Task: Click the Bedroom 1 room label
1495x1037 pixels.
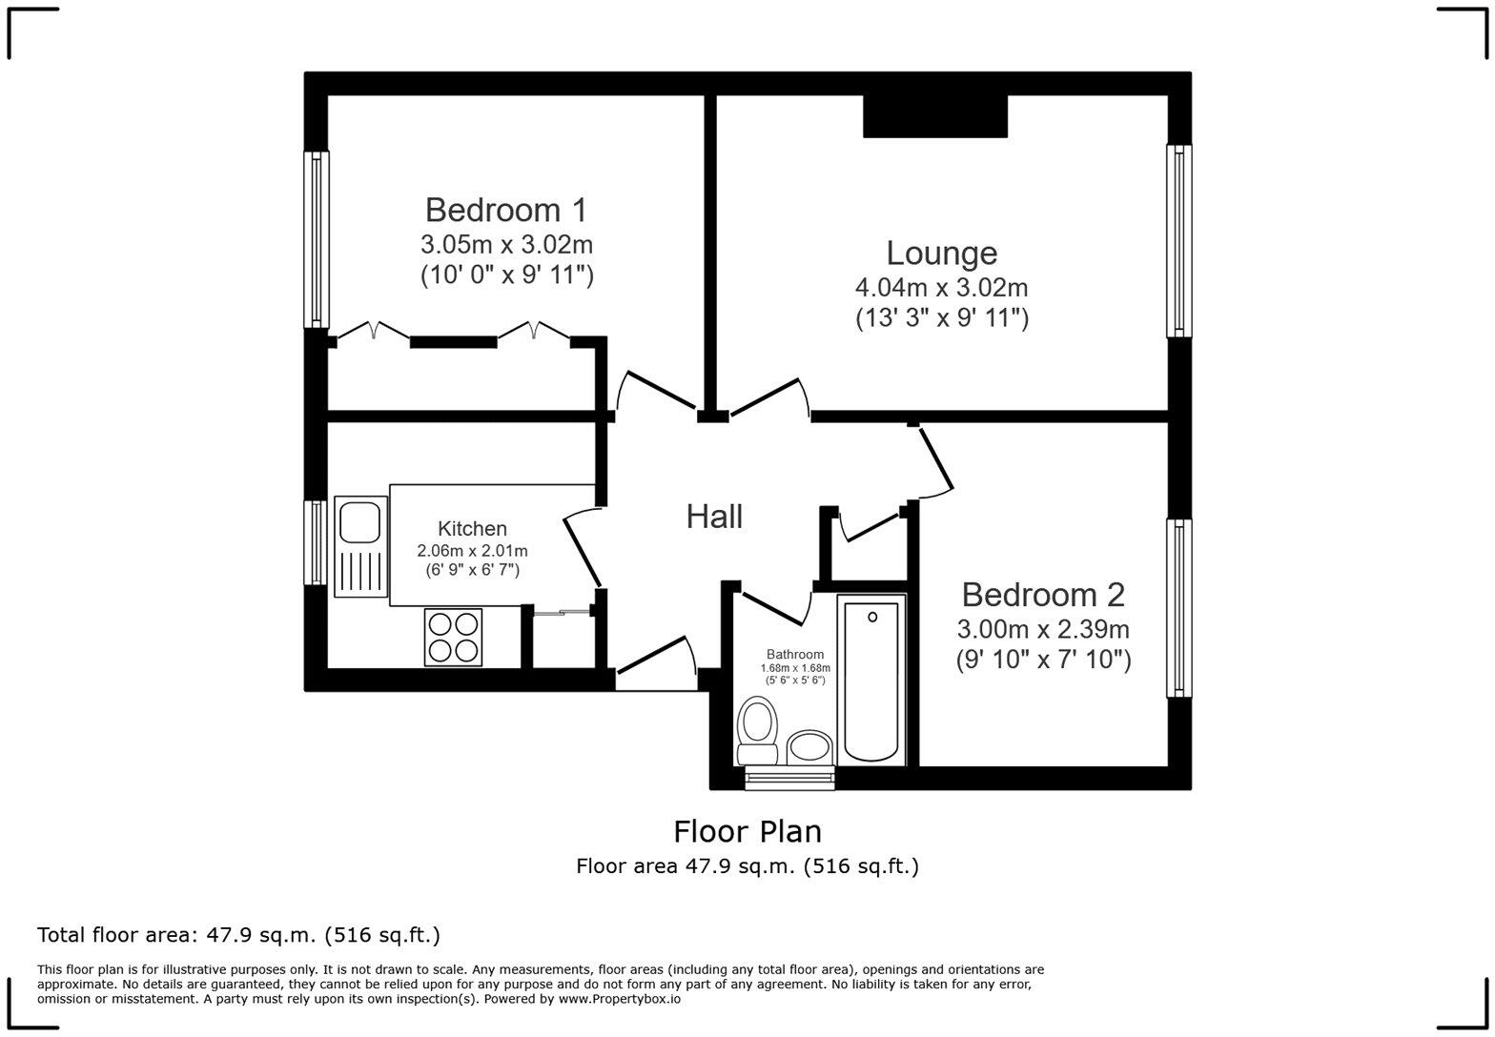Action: (x=506, y=210)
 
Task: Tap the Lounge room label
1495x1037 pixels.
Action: (x=941, y=253)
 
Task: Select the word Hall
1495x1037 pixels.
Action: (x=714, y=517)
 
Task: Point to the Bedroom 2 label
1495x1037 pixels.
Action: (x=1043, y=595)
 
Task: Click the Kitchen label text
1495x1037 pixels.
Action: (x=472, y=529)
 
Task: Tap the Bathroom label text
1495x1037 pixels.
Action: (x=795, y=655)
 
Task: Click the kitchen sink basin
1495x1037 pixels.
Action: (x=359, y=522)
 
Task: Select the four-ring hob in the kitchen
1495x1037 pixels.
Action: (x=453, y=637)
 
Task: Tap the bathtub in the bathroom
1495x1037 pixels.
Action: (x=871, y=681)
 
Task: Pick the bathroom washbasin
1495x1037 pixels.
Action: (x=810, y=745)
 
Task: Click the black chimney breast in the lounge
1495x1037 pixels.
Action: (x=935, y=116)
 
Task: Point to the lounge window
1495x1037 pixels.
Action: (x=1179, y=240)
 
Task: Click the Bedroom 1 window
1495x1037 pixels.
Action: (x=317, y=239)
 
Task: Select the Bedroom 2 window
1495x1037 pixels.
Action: (x=1179, y=608)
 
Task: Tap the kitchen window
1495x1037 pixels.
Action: (x=316, y=542)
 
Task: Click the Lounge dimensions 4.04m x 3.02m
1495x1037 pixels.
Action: (x=941, y=287)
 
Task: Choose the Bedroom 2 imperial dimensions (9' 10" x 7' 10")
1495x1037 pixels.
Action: (x=1043, y=660)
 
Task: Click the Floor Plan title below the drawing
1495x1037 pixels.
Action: (x=747, y=832)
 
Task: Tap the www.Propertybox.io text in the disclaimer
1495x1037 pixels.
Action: (x=619, y=999)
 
